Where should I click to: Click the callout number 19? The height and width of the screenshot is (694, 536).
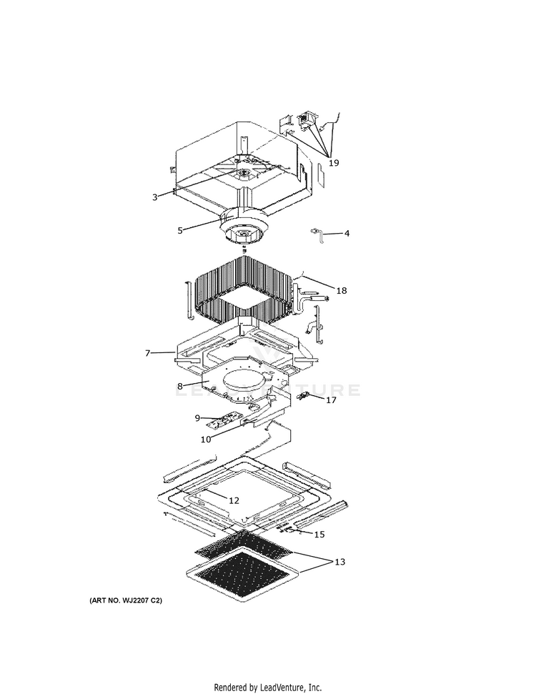[x=334, y=163]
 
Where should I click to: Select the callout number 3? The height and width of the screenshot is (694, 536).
[x=154, y=197]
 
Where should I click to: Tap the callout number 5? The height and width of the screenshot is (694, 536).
[x=180, y=230]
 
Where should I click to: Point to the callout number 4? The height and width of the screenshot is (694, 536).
[x=347, y=233]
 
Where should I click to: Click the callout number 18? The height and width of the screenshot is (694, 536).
[x=342, y=290]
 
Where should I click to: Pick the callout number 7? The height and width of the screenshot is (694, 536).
[x=147, y=353]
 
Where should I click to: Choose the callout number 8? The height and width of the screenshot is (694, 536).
[x=180, y=387]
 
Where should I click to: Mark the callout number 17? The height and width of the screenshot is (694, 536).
[x=331, y=400]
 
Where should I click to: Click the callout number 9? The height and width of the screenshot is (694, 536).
[x=197, y=417]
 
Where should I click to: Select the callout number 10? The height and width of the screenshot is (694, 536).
[x=205, y=440]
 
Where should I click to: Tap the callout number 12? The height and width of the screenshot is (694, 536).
[x=234, y=500]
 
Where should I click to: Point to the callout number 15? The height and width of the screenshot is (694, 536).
[x=319, y=534]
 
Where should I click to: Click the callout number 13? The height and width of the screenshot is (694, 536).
[x=339, y=562]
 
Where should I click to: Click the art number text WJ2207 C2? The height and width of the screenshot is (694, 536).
[x=126, y=601]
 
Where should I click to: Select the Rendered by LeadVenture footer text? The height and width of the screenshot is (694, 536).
[x=268, y=687]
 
